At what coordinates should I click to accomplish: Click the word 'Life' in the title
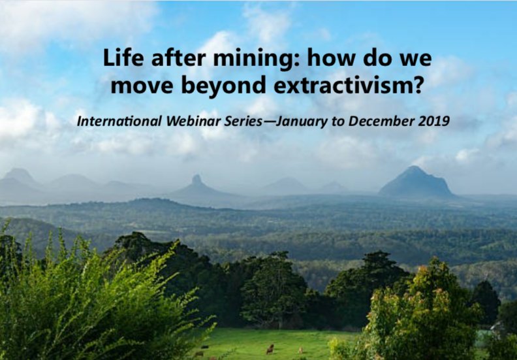point(119,59)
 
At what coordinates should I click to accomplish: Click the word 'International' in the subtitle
point(112,122)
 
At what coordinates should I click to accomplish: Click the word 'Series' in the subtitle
point(227,122)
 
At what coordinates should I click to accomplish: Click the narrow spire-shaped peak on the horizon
point(196,180)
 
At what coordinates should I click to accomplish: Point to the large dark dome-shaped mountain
point(416,182)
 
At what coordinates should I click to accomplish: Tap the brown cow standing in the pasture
point(270,348)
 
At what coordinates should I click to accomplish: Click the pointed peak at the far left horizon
point(20,174)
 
